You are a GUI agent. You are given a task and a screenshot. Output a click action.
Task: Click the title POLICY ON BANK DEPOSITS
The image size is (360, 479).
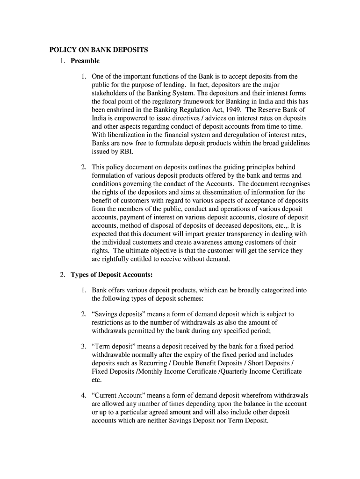point(99,50)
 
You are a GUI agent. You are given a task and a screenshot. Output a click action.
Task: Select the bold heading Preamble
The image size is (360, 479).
point(85,61)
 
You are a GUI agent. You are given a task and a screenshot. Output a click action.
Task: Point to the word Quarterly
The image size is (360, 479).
point(236,371)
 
